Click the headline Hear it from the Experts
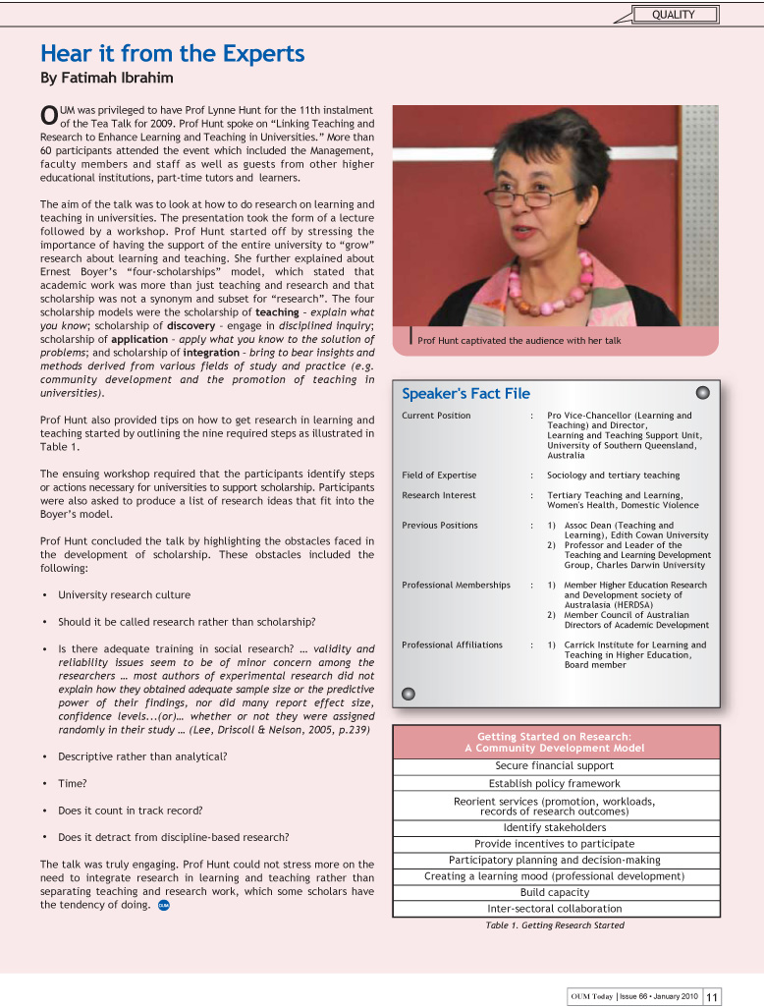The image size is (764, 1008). (172, 53)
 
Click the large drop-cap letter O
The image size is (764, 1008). (48, 116)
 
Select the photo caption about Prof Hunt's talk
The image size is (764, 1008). (518, 341)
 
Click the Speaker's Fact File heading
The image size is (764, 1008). (465, 394)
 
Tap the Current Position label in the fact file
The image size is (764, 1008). (436, 416)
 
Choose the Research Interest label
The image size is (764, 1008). (439, 496)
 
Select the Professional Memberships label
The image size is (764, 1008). (456, 586)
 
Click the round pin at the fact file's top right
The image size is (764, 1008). (702, 393)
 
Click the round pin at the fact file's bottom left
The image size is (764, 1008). (409, 694)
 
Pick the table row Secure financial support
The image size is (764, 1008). (555, 766)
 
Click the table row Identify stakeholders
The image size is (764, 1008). (555, 828)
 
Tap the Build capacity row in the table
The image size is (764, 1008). (555, 893)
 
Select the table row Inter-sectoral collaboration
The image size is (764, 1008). (555, 909)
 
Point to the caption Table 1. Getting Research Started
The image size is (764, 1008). (555, 925)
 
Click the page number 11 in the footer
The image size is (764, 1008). (712, 996)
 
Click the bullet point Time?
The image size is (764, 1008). (73, 784)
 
